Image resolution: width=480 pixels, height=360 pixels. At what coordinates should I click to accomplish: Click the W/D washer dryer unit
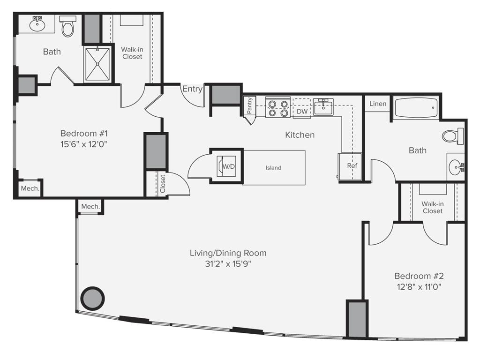[226, 166]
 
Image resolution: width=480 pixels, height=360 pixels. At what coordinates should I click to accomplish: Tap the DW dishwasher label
[302, 112]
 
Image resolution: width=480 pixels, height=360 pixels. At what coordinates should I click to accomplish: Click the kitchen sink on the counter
[323, 107]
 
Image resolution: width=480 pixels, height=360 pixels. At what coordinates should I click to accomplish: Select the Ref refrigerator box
[352, 166]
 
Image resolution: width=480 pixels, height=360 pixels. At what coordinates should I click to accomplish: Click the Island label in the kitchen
[273, 168]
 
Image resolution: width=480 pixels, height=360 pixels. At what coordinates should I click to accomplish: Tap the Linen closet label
[378, 104]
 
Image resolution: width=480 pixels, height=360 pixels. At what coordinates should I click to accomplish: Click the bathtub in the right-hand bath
[416, 109]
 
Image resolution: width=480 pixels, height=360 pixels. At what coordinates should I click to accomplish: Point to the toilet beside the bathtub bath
[452, 136]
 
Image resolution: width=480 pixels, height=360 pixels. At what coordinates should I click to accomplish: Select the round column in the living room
[92, 298]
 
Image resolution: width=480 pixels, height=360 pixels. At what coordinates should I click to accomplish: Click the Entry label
[192, 89]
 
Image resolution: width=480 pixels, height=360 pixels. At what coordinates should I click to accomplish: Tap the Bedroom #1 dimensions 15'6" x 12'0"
[84, 144]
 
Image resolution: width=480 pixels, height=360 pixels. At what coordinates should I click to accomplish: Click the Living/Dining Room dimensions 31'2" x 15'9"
[228, 264]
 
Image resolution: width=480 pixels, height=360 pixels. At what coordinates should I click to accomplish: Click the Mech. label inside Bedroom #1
[30, 188]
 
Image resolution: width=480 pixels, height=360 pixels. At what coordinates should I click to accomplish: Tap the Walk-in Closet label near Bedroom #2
[432, 208]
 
